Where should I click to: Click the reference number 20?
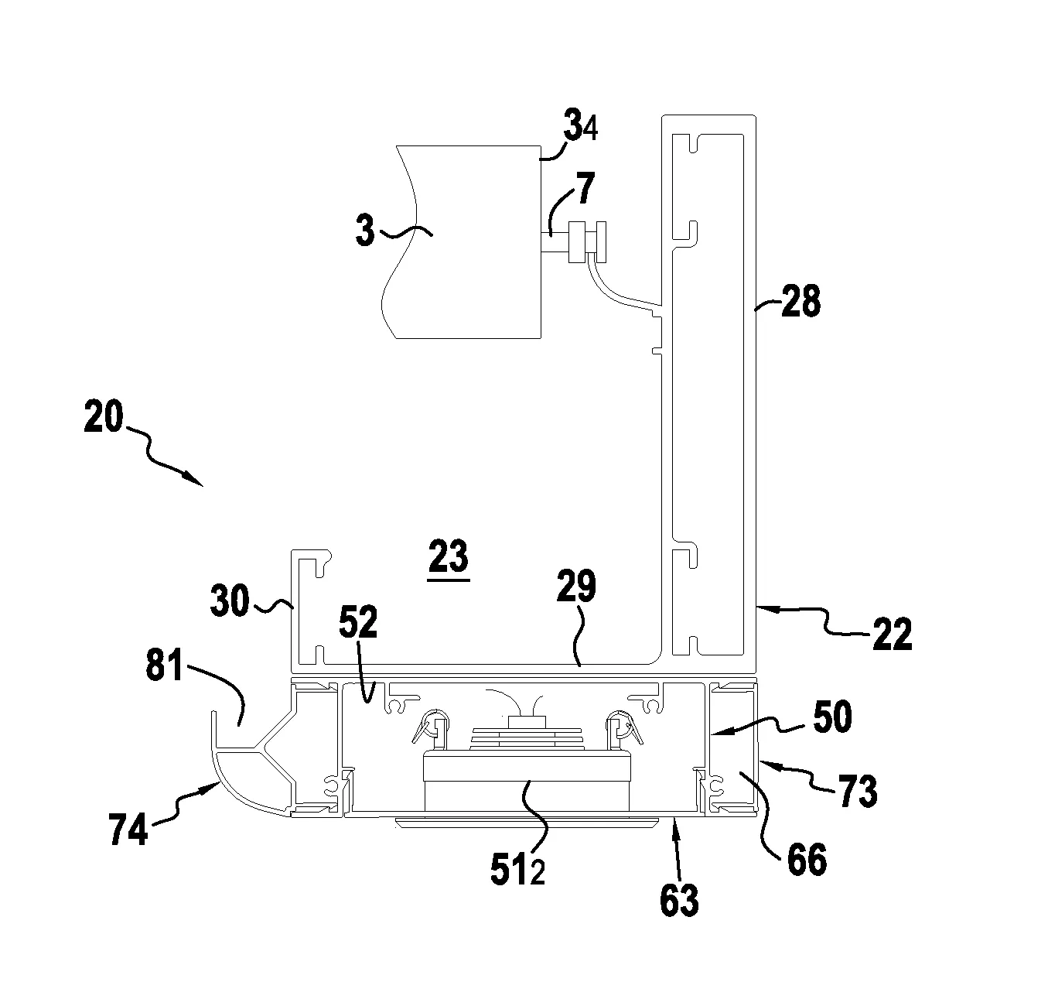click(x=104, y=417)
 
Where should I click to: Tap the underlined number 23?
click(x=448, y=556)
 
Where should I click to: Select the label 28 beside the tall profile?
click(x=801, y=300)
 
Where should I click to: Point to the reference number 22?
click(x=893, y=633)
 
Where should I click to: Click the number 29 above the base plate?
click(x=576, y=586)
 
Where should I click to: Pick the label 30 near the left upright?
click(x=230, y=600)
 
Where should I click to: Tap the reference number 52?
click(x=358, y=621)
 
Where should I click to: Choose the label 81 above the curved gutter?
click(x=164, y=665)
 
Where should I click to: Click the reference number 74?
click(x=128, y=829)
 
